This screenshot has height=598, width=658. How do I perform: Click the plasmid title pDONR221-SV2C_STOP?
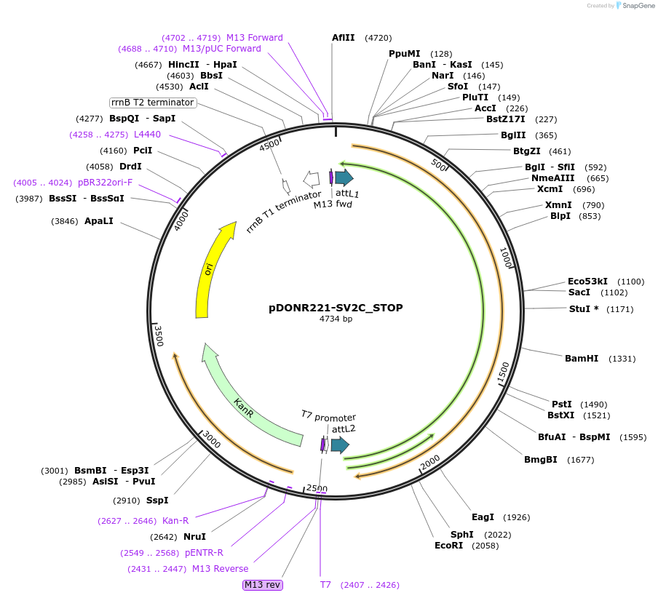tap(336, 308)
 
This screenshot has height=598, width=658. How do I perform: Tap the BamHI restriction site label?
tap(582, 359)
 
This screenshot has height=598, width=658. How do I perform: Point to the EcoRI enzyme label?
tap(449, 546)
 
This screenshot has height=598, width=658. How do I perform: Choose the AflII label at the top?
tap(343, 37)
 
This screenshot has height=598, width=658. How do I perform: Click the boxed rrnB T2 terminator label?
tap(153, 103)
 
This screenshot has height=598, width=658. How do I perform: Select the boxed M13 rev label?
tap(263, 585)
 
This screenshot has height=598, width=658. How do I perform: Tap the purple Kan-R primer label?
tap(175, 521)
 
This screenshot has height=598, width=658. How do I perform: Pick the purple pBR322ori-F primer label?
tap(106, 183)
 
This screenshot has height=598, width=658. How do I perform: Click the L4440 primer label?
tap(147, 135)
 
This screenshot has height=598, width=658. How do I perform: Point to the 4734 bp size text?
tap(336, 319)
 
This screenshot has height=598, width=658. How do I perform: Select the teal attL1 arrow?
tap(344, 177)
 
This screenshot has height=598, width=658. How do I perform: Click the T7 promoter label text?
tap(328, 417)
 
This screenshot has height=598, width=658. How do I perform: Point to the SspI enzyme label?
tap(156, 501)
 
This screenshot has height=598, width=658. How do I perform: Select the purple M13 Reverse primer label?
tap(220, 569)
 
